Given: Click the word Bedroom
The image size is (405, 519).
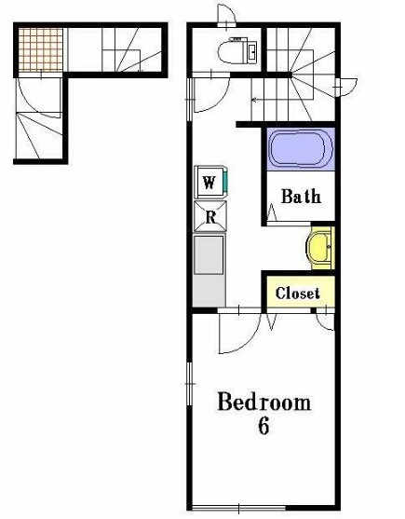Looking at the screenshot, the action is (263, 402).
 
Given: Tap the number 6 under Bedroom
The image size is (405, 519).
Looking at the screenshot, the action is (263, 425).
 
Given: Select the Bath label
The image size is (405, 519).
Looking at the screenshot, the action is (301, 196).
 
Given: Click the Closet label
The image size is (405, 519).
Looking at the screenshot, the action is (298, 294).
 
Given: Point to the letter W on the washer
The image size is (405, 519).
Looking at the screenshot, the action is (209, 182).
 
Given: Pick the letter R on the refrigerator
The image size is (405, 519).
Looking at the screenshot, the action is (210, 217).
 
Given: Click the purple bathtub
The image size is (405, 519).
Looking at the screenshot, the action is (301, 148).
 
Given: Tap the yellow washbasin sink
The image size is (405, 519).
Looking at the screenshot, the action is (318, 247).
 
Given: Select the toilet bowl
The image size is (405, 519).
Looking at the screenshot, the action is (231, 51).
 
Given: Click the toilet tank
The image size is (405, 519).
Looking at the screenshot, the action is (251, 51).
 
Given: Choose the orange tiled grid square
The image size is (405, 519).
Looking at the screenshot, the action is (41, 49).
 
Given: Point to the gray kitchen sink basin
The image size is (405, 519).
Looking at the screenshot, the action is (209, 254).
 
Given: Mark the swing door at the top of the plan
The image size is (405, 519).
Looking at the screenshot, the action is (226, 15).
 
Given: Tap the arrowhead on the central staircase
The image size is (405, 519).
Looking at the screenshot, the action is (253, 99).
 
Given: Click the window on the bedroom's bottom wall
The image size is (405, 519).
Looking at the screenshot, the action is (238, 508).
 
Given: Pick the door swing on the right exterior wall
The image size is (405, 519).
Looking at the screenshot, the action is (346, 88).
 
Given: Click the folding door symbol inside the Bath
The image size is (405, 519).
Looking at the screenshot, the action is (272, 212).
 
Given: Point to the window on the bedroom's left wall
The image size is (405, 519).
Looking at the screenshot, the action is (189, 384).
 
